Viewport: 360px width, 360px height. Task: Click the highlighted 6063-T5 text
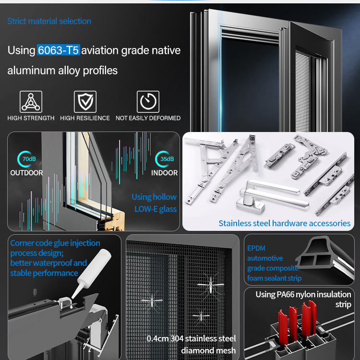[59, 50]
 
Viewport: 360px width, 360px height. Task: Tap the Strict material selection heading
[49, 21]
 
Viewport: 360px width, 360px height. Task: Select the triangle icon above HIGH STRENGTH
[31, 102]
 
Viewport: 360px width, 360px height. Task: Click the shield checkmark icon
[85, 102]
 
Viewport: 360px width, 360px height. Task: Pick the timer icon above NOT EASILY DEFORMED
[148, 102]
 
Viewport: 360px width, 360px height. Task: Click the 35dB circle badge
[164, 159]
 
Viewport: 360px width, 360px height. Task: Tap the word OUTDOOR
[26, 173]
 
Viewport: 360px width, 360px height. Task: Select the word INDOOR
[164, 173]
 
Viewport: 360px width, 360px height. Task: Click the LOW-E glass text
[156, 209]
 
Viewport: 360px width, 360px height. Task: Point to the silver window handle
[273, 196]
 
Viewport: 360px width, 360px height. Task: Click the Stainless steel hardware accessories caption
[285, 223]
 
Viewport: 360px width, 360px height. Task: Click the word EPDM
[256, 248]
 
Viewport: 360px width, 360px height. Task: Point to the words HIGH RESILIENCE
[85, 118]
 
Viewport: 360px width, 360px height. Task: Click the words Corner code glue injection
[55, 243]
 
